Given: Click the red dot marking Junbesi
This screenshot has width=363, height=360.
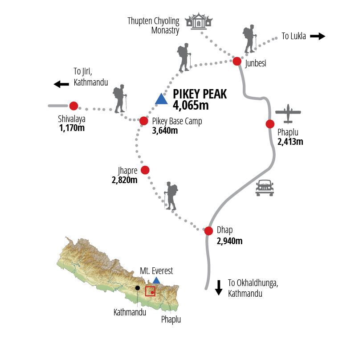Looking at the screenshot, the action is [237, 61].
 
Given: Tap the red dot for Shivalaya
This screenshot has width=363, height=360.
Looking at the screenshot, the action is [73, 106].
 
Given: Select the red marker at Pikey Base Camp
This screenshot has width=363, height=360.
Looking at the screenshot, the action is [143, 121].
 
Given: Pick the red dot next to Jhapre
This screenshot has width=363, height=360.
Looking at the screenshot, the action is [145, 170].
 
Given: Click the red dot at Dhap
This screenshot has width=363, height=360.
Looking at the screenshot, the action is [208, 231].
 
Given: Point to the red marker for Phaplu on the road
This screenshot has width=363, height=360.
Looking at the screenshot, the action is [270, 124].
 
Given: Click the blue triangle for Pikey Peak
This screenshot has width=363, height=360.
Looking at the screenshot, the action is [161, 99].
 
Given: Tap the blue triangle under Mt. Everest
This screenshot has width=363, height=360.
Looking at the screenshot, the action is [156, 280].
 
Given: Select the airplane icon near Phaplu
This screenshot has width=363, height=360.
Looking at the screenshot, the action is [288, 114].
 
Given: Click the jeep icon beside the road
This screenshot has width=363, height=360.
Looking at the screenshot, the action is [265, 188].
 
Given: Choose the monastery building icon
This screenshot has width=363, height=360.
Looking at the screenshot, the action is [199, 21].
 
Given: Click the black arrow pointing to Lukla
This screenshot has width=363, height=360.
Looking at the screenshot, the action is [318, 37].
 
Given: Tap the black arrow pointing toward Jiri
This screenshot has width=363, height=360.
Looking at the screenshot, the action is [61, 84].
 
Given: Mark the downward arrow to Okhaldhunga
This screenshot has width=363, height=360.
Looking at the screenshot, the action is [219, 288].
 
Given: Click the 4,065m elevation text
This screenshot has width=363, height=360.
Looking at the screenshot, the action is [191, 106].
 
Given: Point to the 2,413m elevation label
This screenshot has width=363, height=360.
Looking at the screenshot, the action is [290, 142].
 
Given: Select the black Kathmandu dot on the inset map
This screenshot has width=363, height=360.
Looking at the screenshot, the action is [138, 288].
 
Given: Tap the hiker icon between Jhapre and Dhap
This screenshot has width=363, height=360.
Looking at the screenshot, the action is [171, 196].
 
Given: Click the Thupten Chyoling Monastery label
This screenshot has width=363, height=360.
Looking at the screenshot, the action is [153, 25].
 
